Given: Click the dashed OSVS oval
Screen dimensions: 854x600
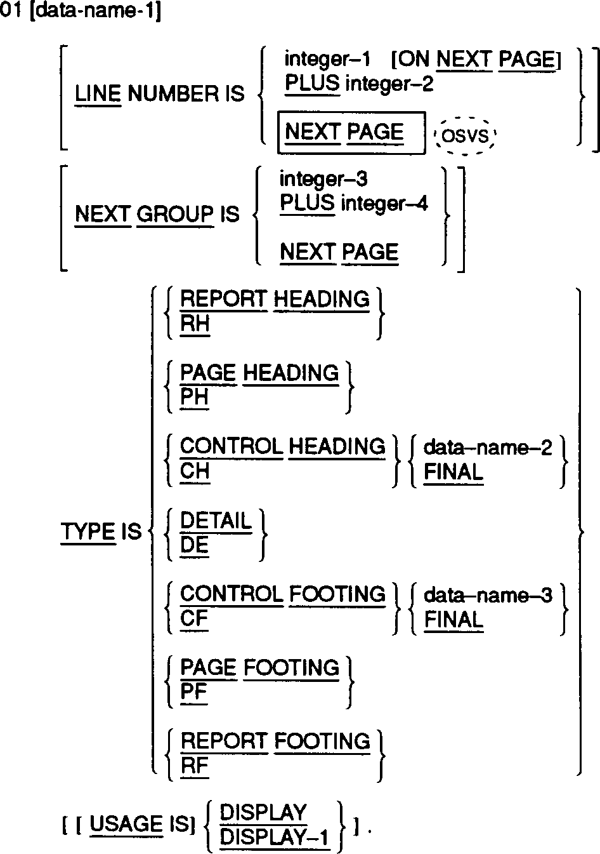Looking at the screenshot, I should click(x=465, y=136).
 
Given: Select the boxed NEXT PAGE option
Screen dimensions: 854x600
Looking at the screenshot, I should click(x=350, y=133).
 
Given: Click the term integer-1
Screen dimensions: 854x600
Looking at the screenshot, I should click(x=327, y=59).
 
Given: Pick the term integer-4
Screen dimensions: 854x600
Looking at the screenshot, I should click(x=384, y=203).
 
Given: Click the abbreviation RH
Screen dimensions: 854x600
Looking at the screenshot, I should click(x=195, y=324).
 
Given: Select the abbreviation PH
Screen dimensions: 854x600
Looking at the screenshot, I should click(x=194, y=397).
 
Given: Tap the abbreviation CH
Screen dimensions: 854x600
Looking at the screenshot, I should click(x=195, y=471).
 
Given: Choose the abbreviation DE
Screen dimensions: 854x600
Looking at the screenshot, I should click(x=194, y=545).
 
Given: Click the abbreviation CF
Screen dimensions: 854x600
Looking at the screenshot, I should click(x=194, y=618).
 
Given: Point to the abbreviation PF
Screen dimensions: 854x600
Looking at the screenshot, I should click(x=193, y=692).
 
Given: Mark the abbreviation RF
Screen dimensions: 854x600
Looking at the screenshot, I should click(x=194, y=766).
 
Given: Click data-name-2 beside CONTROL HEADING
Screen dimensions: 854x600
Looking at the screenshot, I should click(x=488, y=448).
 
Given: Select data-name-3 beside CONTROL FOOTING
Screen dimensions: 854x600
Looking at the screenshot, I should click(x=488, y=595).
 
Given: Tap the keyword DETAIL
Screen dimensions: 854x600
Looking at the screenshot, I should click(x=216, y=521).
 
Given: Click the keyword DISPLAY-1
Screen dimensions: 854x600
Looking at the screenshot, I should click(x=275, y=838).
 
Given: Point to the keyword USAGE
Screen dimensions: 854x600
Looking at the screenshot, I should click(x=127, y=824).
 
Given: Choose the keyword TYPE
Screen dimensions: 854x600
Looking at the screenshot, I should click(x=88, y=531).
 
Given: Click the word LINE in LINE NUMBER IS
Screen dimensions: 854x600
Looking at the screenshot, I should click(x=98, y=94).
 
